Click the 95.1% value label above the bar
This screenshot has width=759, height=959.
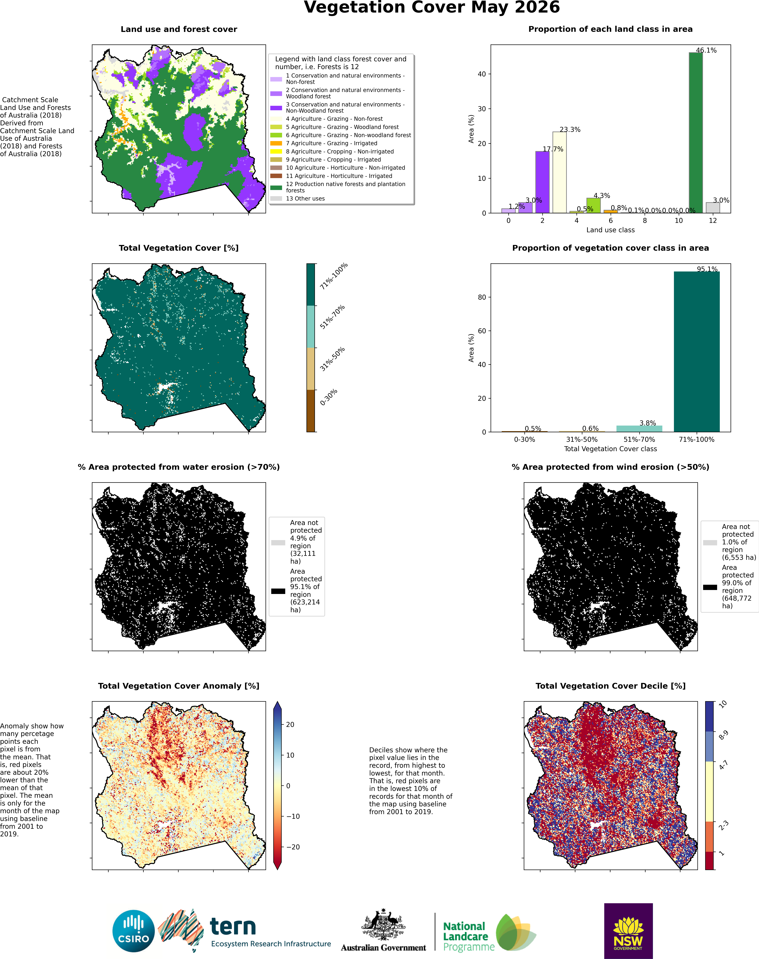click(707, 269)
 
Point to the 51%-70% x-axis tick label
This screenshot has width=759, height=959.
click(639, 439)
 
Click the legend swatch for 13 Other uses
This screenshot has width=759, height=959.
click(276, 198)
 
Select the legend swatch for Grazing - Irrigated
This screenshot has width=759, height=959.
click(276, 143)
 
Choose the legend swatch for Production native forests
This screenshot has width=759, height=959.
click(276, 187)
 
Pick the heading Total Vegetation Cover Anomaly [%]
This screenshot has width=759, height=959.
click(179, 686)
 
